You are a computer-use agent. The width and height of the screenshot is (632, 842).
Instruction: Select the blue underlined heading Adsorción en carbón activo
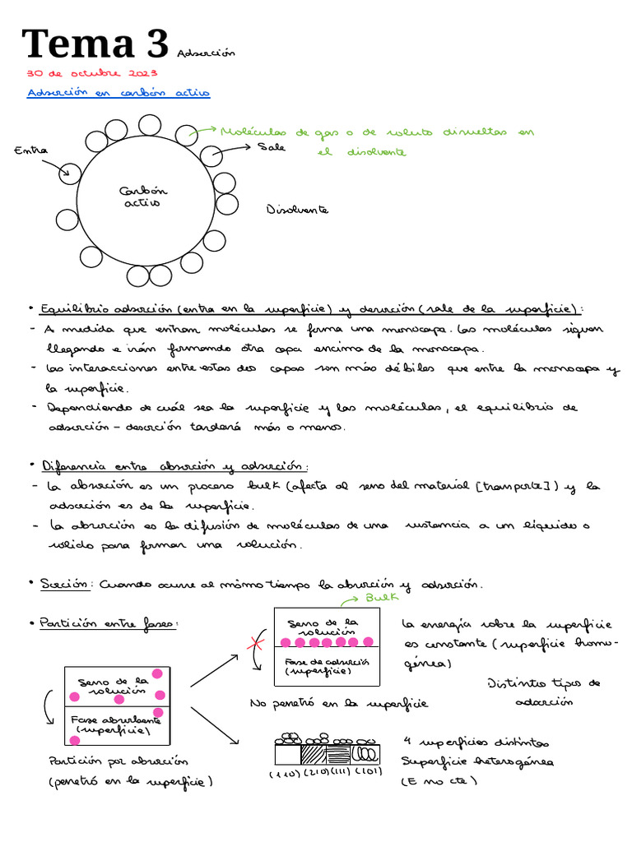tap(118, 93)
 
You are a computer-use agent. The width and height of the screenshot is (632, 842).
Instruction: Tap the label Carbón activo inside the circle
tap(142, 197)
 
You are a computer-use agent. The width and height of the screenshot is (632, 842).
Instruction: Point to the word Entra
tap(31, 150)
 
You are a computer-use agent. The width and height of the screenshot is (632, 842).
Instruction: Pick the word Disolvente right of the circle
tap(297, 210)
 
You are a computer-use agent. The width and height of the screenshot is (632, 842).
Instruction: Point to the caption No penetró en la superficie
tap(338, 704)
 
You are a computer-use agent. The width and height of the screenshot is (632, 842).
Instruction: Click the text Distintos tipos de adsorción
tap(544, 692)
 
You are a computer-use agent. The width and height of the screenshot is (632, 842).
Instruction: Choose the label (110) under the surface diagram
tap(285, 775)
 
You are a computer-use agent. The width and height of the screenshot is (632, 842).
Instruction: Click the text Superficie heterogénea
tap(477, 761)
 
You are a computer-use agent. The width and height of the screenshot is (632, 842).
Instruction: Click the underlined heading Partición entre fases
tap(108, 624)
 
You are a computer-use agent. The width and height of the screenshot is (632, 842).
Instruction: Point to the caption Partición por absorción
tap(118, 762)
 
